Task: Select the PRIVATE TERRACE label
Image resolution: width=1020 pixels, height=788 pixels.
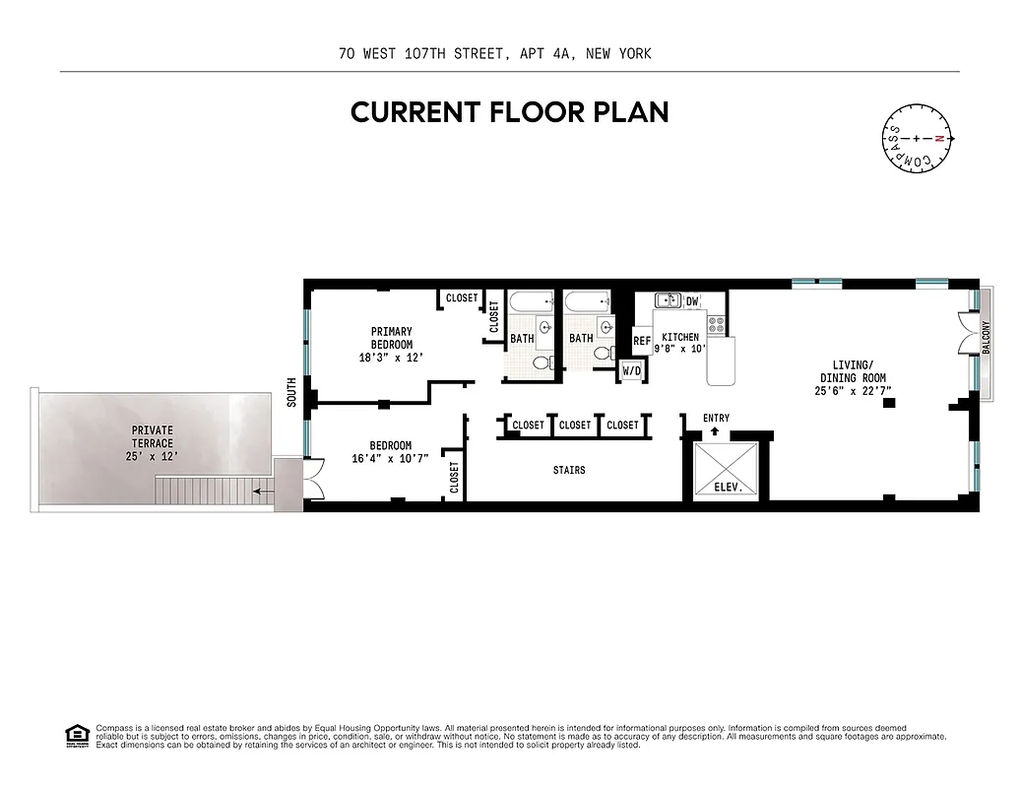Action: tap(153, 436)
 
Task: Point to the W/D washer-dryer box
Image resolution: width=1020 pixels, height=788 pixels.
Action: tap(631, 371)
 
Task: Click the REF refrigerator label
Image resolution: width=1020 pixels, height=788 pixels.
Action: tap(642, 341)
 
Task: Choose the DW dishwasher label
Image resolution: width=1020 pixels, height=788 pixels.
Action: tap(692, 301)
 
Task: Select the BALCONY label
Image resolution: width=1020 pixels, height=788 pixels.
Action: tap(986, 337)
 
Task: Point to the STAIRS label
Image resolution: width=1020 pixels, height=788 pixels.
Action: tap(569, 471)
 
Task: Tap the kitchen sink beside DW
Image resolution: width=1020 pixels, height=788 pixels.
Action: tap(668, 300)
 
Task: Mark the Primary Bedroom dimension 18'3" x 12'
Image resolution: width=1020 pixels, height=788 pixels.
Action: tap(391, 358)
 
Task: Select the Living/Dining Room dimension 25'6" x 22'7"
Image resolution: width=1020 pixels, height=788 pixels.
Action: tap(853, 391)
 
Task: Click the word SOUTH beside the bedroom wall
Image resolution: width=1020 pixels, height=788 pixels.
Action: tap(291, 393)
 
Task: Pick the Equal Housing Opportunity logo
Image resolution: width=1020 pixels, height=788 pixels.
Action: tap(76, 735)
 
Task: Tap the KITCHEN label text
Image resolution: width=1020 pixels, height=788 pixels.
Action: tap(680, 337)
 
